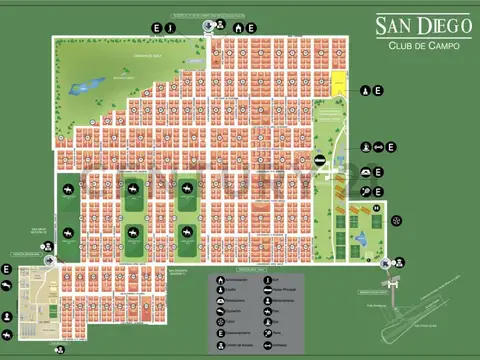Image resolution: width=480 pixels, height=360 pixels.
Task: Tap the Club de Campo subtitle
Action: (x=418, y=45)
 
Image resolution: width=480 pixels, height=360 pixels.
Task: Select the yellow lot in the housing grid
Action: (x=339, y=84)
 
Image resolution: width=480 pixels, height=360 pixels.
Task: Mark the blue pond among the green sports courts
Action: (x=362, y=238)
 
